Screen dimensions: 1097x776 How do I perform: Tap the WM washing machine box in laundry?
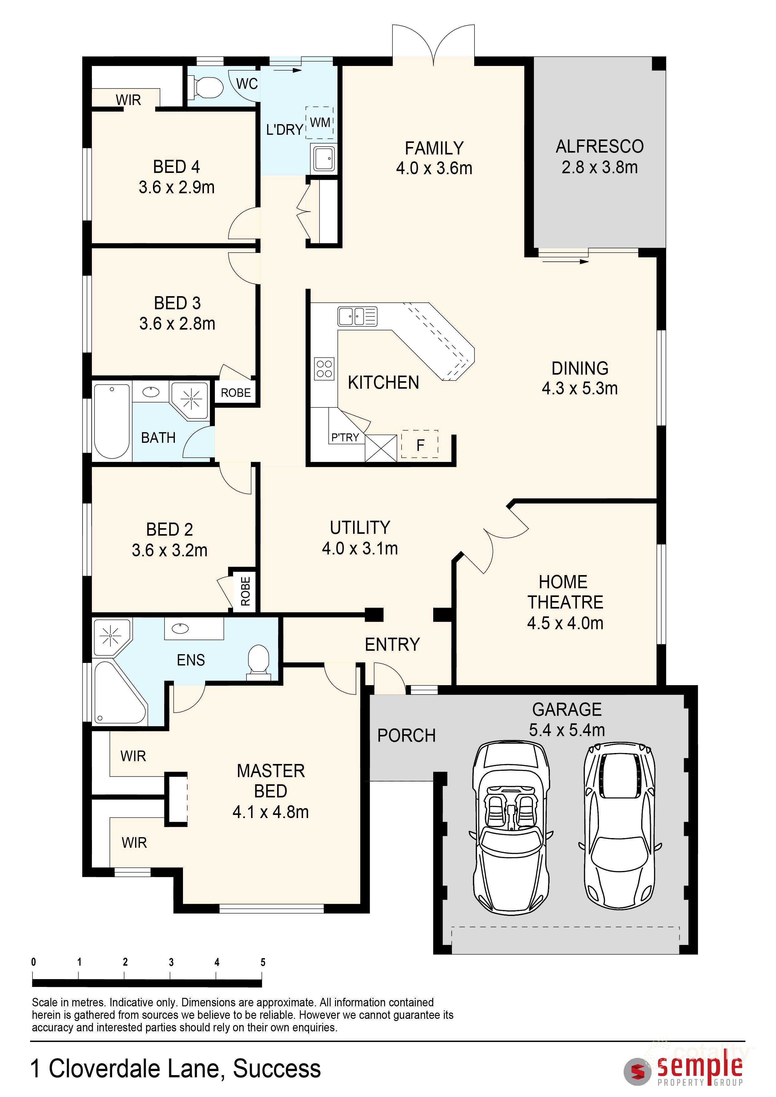pos(319,122)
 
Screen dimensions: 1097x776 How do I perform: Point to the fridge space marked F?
pos(419,445)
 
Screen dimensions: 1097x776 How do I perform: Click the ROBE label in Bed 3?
pos(236,393)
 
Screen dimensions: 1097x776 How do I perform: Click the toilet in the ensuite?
pos(258,661)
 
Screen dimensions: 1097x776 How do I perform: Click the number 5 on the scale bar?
pos(263,962)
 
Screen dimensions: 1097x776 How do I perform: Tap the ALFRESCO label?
pos(599,147)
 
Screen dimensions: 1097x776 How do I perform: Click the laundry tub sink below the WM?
pos(323,158)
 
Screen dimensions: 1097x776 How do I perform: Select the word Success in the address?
pos(277,1068)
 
